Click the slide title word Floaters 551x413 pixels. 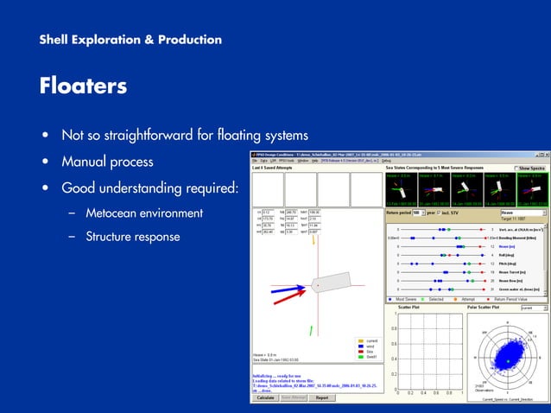[x=83, y=86]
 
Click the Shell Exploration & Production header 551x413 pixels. [x=130, y=40]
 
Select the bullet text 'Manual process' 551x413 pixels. [x=107, y=162]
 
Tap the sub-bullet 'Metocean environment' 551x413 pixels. [x=144, y=213]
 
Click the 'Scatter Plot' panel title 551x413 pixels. [x=411, y=307]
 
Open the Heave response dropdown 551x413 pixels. [x=523, y=212]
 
